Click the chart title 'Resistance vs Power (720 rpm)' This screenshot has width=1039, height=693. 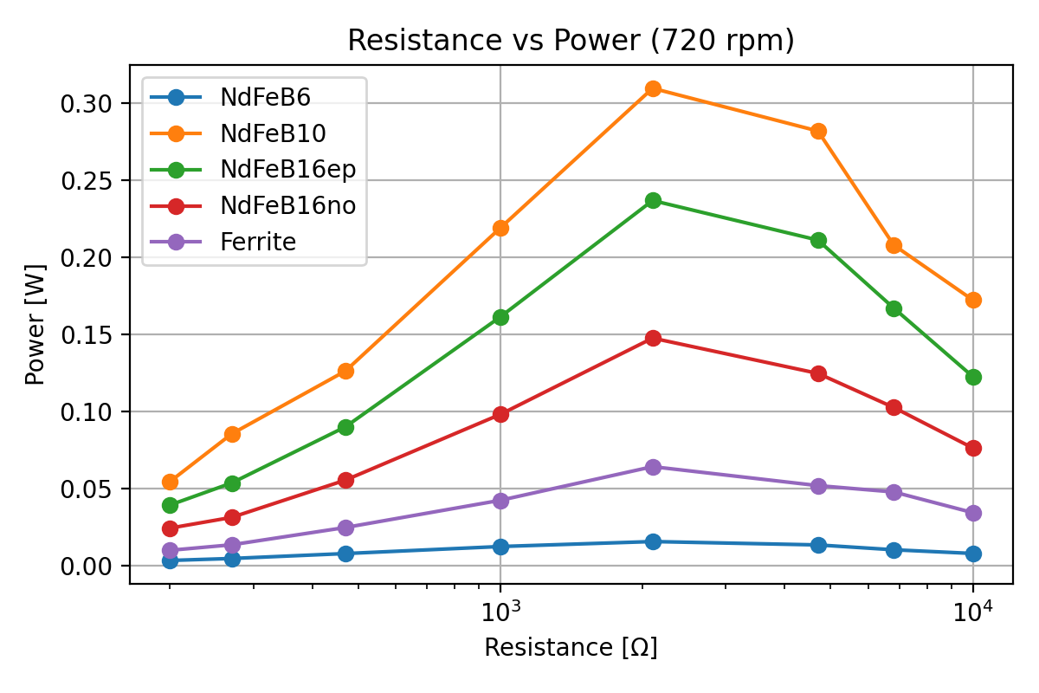(571, 41)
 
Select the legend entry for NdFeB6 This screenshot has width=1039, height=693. (254, 98)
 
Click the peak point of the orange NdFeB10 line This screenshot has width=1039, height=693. (653, 88)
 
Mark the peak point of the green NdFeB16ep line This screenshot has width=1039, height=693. (653, 200)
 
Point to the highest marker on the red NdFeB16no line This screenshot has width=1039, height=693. (653, 338)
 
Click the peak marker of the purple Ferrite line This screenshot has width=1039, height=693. (653, 467)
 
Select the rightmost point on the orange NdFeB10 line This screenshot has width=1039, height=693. (973, 300)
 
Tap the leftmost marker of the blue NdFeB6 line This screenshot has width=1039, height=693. (170, 560)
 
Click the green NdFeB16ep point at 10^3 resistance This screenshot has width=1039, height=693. (500, 317)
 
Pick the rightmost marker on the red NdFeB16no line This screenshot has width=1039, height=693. (973, 448)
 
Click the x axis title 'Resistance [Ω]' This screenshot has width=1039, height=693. (571, 648)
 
